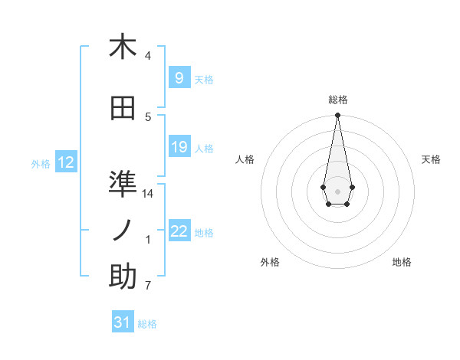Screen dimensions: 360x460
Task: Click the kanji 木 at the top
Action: [x=123, y=47]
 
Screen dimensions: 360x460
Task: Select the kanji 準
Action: [x=123, y=184]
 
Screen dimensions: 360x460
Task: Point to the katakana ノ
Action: [x=123, y=230]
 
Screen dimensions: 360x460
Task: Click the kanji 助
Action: [x=123, y=277]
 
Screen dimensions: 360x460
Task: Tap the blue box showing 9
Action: [x=179, y=77]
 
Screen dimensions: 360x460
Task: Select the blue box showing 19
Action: [x=179, y=147]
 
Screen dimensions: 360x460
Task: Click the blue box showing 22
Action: [x=179, y=231]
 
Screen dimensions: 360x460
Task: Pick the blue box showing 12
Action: [x=66, y=162]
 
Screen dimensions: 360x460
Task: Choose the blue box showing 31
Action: [x=123, y=322]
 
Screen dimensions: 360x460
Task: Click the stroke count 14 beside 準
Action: [x=148, y=194]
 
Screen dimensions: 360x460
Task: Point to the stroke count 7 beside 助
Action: [x=148, y=286]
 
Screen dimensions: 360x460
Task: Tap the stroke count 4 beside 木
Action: [x=148, y=56]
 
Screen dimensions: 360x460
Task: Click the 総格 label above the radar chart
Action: [x=337, y=100]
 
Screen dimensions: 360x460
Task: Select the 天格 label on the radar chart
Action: [x=431, y=159]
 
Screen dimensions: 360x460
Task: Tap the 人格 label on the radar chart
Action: [x=245, y=159]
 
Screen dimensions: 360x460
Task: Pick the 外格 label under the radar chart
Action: [x=270, y=262]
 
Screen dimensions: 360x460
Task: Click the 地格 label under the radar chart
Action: [x=402, y=262]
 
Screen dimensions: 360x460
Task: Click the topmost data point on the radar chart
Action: [x=337, y=116]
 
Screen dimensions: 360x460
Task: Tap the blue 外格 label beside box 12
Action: [x=41, y=164]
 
